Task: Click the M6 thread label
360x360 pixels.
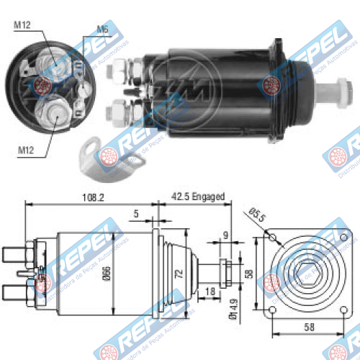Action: pyautogui.click(x=104, y=30)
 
